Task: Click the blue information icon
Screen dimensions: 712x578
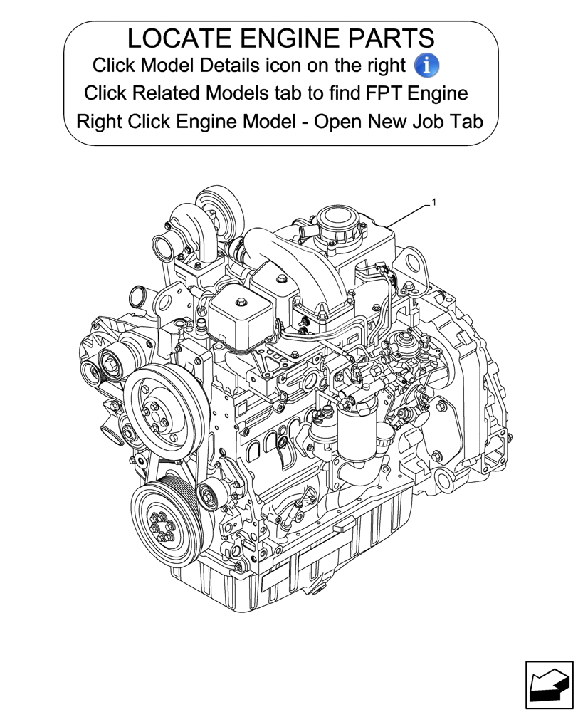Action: point(426,66)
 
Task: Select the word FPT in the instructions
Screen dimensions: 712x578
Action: point(386,93)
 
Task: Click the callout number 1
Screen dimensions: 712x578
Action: point(433,203)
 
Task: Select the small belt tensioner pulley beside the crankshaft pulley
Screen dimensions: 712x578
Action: point(209,491)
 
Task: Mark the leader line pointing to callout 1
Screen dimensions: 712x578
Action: point(409,214)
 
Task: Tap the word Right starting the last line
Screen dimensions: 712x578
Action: point(100,121)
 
